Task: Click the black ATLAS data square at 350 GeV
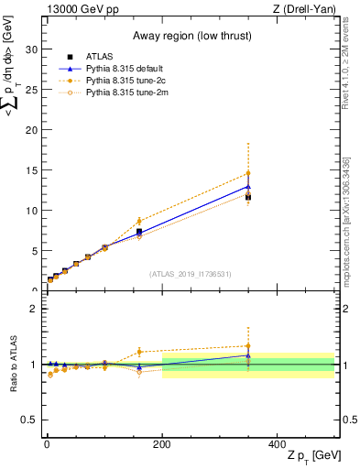tap(248, 197)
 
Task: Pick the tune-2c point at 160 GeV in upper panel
tap(139, 222)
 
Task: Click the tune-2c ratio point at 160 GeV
tap(139, 352)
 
